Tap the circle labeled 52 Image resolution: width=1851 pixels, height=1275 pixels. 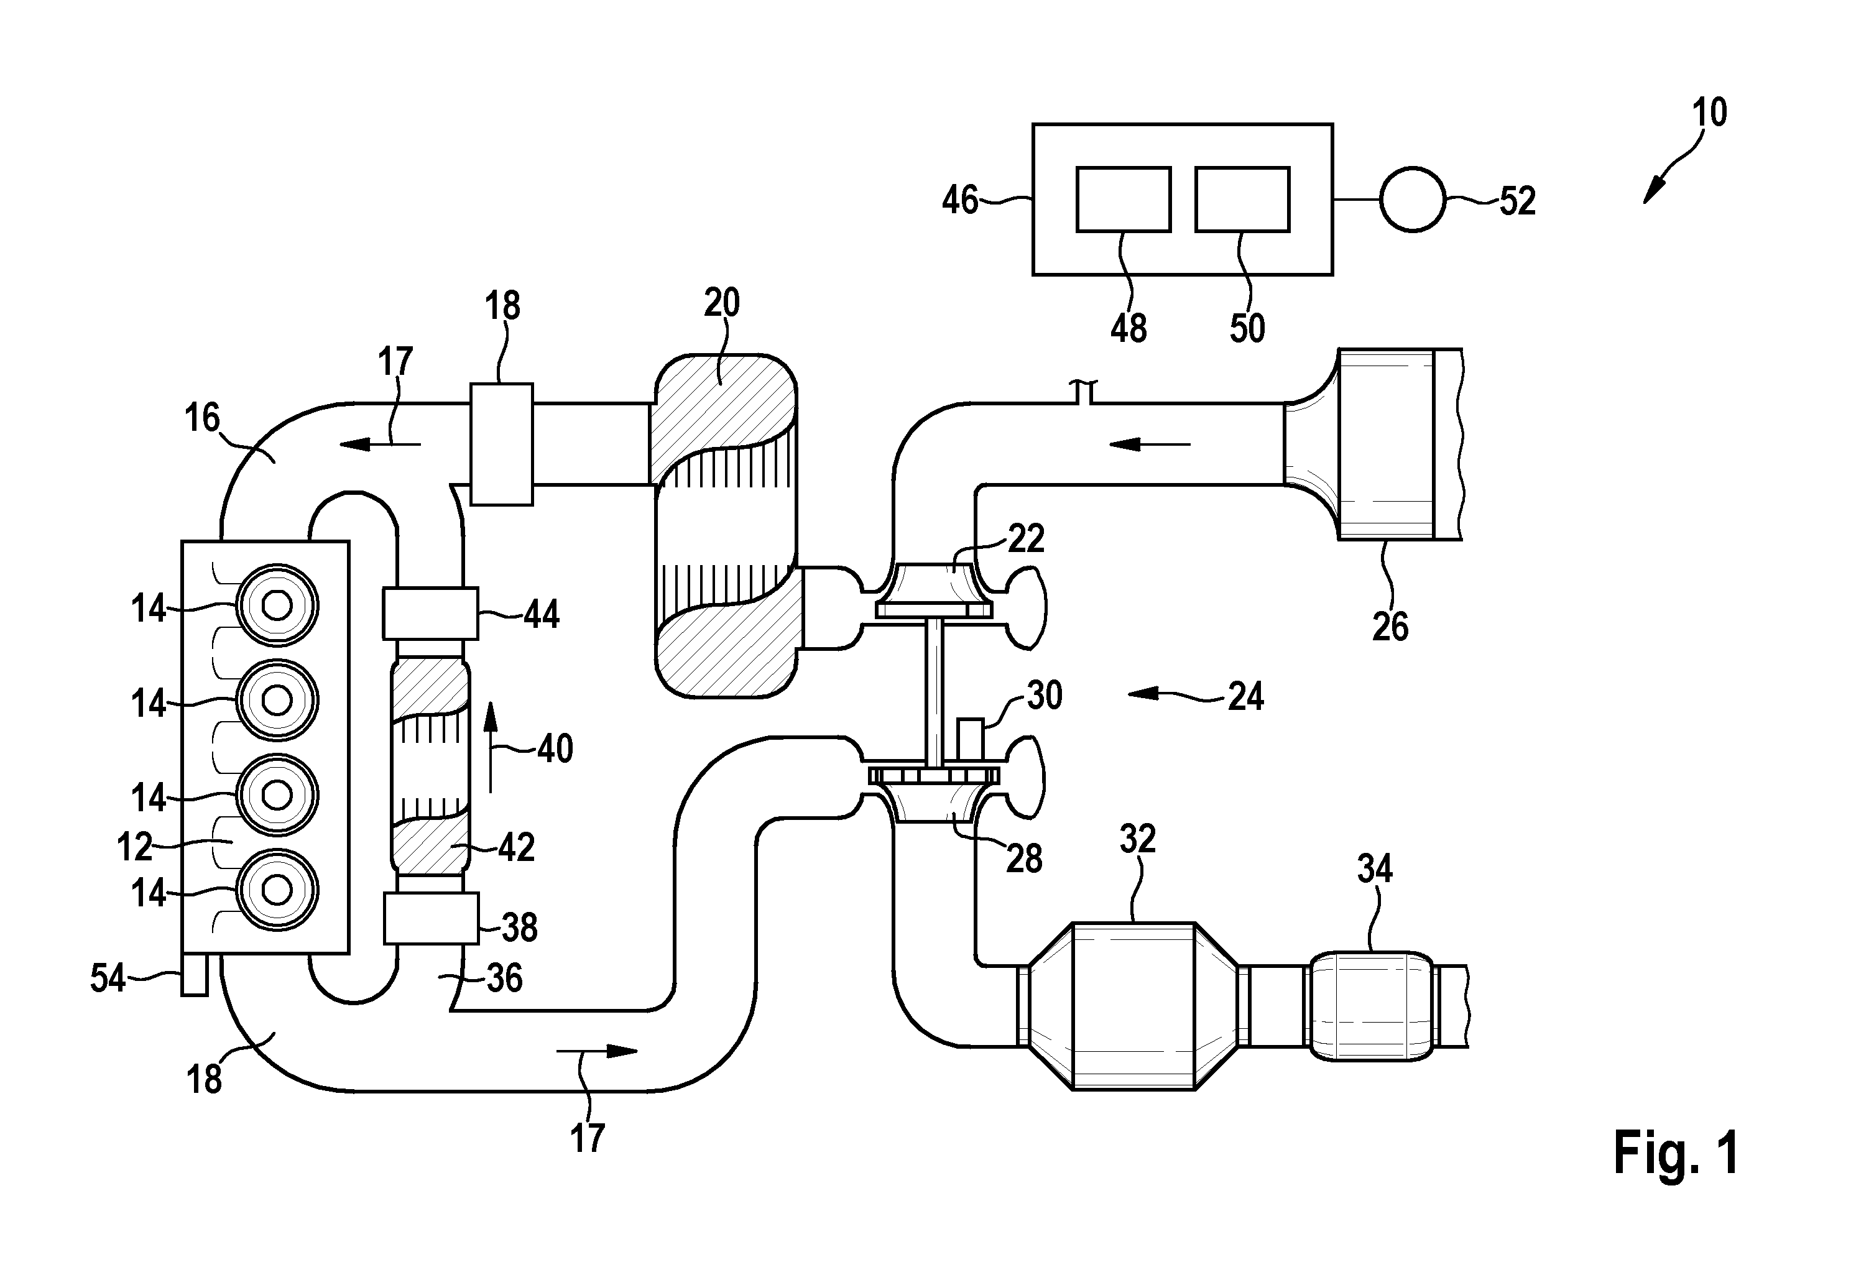pyautogui.click(x=1413, y=200)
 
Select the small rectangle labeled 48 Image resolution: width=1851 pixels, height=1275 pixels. pyautogui.click(x=1124, y=199)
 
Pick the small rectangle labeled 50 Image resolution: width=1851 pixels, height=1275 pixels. pyautogui.click(x=1242, y=199)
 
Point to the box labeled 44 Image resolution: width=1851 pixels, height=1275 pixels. pyautogui.click(x=431, y=614)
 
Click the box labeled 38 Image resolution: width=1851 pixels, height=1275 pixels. pyautogui.click(x=431, y=919)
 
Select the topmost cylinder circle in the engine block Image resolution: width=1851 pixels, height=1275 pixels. pyautogui.click(x=277, y=605)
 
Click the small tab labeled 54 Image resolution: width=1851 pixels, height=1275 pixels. pyautogui.click(x=194, y=975)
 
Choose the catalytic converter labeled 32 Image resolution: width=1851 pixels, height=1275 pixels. pyautogui.click(x=1132, y=1005)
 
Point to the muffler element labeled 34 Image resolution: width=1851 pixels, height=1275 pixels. pyautogui.click(x=1372, y=1006)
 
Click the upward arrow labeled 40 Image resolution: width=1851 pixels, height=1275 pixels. pyautogui.click(x=491, y=747)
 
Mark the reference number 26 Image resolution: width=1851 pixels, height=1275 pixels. pyautogui.click(x=1390, y=627)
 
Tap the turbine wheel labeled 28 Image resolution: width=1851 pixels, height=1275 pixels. pyautogui.click(x=934, y=796)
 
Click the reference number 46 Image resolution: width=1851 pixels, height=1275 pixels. pyautogui.click(x=960, y=200)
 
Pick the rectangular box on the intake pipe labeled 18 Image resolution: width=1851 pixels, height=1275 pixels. pyautogui.click(x=501, y=444)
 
